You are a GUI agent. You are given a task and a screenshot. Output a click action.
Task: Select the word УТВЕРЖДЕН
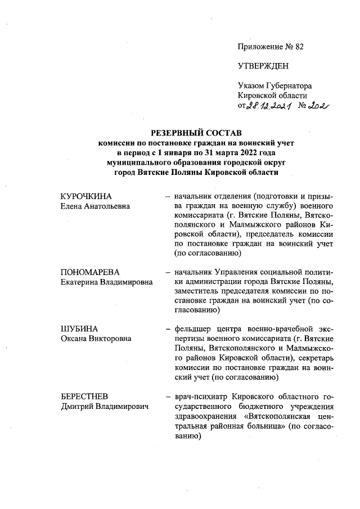(263, 66)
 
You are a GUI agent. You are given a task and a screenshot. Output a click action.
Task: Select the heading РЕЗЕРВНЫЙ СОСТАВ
(196, 133)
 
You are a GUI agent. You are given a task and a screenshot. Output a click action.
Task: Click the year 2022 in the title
(246, 153)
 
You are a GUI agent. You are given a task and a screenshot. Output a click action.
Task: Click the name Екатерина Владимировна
(107, 281)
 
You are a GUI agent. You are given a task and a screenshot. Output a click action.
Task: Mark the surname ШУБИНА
(78, 328)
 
